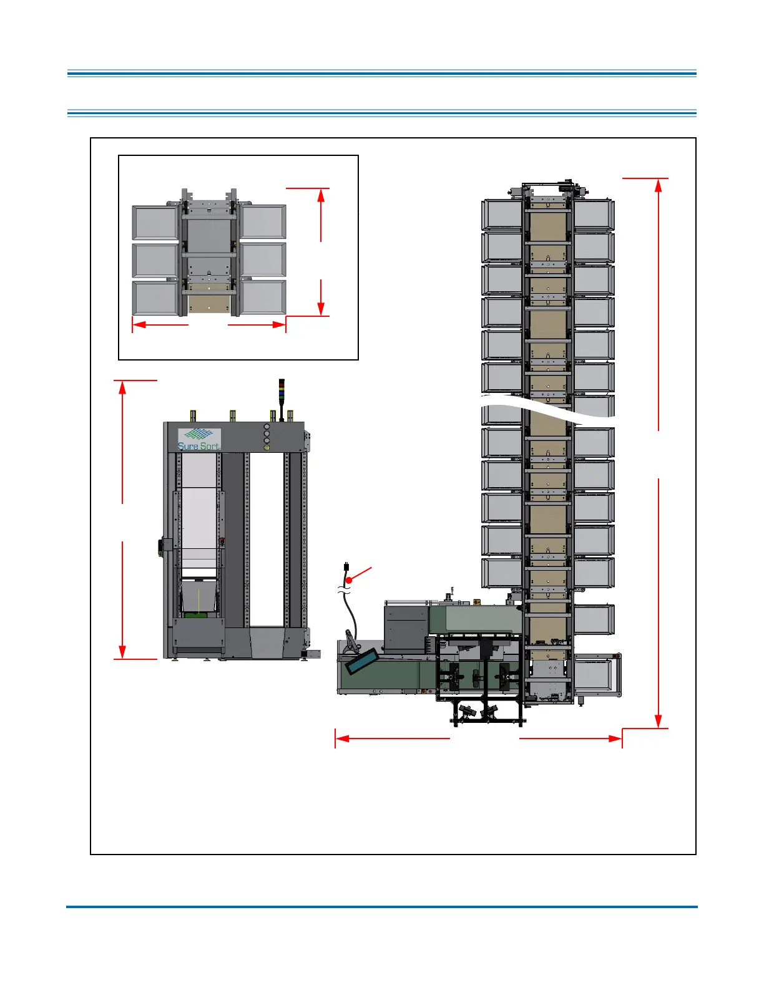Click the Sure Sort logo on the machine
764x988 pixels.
click(x=199, y=438)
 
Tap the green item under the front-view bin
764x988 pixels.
click(x=197, y=614)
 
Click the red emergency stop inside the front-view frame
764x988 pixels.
click(x=222, y=540)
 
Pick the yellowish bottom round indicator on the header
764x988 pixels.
click(x=267, y=447)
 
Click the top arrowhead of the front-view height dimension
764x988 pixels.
click(x=122, y=387)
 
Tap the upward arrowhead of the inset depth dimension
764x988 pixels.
click(x=321, y=195)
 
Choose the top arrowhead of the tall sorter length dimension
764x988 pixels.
click(x=659, y=186)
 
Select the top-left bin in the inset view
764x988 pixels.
click(x=155, y=223)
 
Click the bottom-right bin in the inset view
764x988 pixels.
click(x=263, y=298)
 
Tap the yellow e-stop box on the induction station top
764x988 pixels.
click(x=476, y=602)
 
